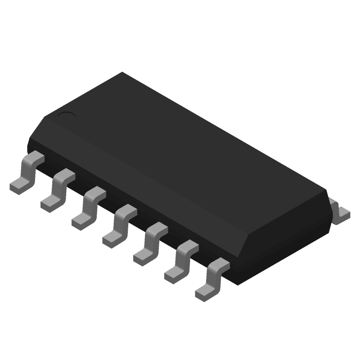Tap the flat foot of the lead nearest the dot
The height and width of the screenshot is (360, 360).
point(18,186)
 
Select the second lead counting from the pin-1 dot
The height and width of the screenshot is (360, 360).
point(57,189)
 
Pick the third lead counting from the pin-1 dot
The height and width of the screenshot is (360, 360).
point(88,206)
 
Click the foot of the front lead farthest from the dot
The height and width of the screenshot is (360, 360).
point(204,292)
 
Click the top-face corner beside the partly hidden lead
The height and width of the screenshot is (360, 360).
point(325,195)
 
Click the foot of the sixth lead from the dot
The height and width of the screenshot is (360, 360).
point(173,274)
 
